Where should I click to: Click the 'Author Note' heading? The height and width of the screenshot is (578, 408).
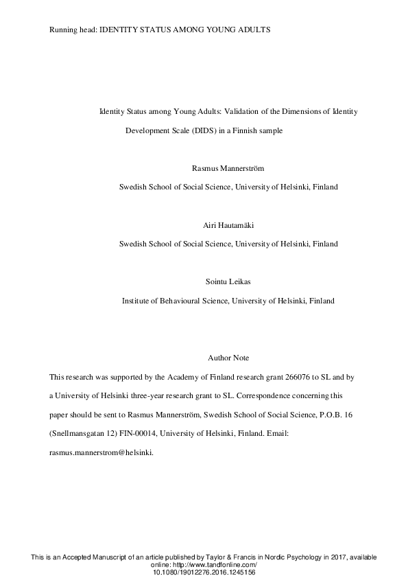(x=228, y=358)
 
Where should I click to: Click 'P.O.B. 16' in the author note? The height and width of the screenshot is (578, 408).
(x=337, y=415)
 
